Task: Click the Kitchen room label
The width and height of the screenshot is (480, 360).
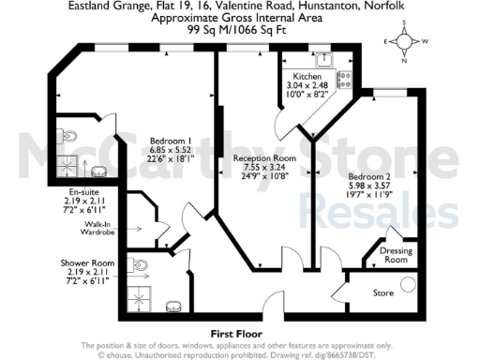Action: (307, 76)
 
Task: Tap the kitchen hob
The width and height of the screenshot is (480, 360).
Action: (344, 80)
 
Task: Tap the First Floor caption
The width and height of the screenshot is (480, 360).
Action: (234, 333)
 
